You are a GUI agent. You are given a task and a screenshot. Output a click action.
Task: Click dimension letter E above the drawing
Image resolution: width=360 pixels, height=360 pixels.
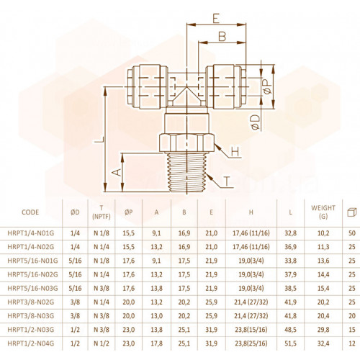click(x=216, y=19)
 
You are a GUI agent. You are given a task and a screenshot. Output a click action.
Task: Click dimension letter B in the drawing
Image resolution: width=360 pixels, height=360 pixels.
click(x=222, y=37)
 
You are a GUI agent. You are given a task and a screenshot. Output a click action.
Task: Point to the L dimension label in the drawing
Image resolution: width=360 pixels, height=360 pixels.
click(x=99, y=140)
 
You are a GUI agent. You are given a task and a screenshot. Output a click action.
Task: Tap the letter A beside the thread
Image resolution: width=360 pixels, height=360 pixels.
click(x=117, y=172)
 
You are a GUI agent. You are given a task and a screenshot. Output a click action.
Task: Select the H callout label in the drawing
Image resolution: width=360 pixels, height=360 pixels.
click(x=235, y=152)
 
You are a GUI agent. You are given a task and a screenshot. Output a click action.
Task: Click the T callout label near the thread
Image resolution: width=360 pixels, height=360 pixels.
click(x=226, y=181)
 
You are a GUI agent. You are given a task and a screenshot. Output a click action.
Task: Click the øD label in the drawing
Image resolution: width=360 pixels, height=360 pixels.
click(x=256, y=122)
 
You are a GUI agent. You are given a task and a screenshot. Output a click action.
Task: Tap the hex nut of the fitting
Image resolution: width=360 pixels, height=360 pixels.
click(x=186, y=143)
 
